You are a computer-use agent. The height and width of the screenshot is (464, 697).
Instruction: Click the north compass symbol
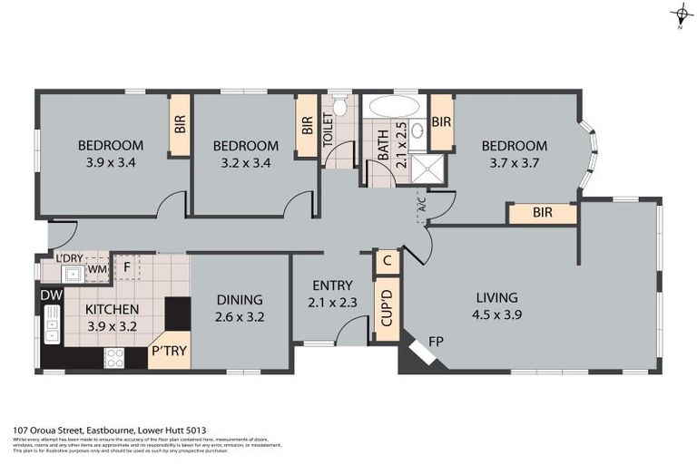pos(681,14)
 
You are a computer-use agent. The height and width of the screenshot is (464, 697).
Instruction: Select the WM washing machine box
pos(95,269)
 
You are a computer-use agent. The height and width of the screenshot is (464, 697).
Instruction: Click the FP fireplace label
pos(436,343)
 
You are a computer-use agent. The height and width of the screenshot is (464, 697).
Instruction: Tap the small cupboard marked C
pos(387,261)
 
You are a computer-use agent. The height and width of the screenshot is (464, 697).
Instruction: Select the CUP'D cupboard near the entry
pos(387,308)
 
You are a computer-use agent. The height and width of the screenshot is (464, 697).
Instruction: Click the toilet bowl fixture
pos(339,107)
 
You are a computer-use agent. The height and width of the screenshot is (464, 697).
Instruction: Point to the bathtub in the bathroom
pos(395,106)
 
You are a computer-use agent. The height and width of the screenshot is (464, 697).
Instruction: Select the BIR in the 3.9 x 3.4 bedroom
pos(179,126)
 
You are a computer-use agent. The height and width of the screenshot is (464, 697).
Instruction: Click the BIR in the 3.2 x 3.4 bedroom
pos(307,126)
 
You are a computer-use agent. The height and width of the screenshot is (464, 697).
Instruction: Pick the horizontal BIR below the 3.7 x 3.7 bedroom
pos(542,214)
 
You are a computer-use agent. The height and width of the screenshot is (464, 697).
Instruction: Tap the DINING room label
pos(240,300)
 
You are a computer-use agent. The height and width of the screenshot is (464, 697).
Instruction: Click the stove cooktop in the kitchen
pos(114,358)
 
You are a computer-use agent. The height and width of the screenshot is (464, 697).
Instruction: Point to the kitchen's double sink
pos(52,325)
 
